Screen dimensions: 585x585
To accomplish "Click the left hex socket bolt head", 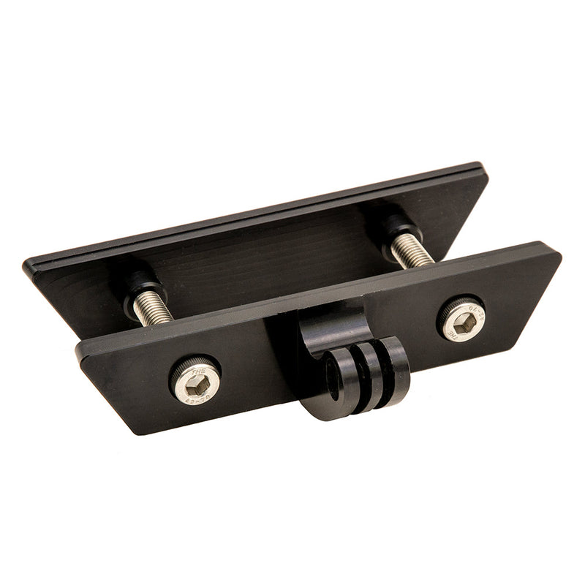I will point(195,379).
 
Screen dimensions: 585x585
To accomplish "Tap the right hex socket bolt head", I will point(461,319).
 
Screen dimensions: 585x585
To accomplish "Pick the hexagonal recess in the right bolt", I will point(462,320).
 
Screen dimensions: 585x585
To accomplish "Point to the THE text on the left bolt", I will point(195,370).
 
